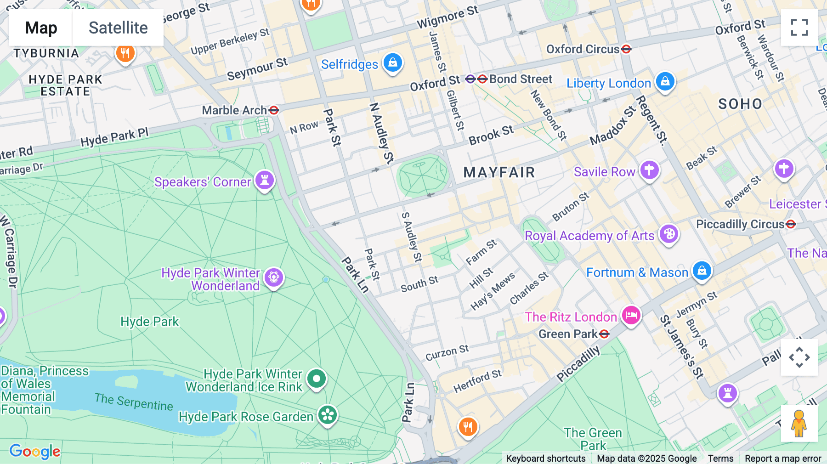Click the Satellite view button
point(118,28)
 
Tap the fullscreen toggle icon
point(799,28)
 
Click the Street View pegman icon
point(799,424)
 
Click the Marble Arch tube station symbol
point(274,110)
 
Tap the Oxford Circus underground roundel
point(626,49)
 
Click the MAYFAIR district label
point(499,172)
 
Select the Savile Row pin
point(649,170)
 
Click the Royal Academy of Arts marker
point(669,234)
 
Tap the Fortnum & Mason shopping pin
point(702,271)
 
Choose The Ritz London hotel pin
point(631,315)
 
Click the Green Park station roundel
point(605,334)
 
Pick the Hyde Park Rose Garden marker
point(328,415)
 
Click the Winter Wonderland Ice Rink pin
point(317,379)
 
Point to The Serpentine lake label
point(134,402)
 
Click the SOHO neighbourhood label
point(740,104)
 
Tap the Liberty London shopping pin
point(665,81)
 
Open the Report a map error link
point(783,458)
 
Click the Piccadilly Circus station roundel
point(791,224)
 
